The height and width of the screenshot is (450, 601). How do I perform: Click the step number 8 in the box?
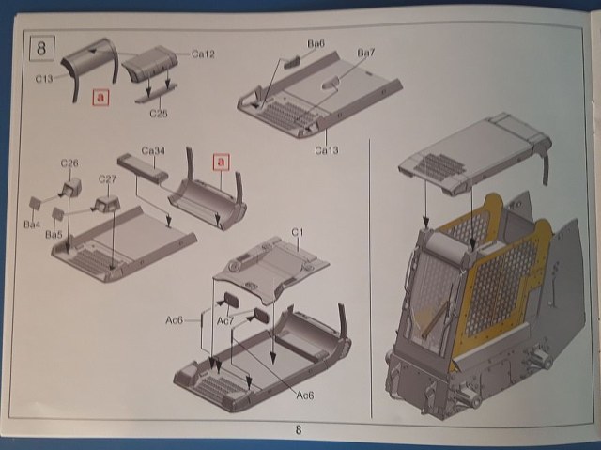[41, 45]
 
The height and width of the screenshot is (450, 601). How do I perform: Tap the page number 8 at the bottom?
[299, 430]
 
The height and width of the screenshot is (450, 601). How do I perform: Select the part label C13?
[44, 80]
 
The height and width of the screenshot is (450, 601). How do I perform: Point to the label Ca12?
[204, 54]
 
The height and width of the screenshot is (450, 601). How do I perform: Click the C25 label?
[159, 114]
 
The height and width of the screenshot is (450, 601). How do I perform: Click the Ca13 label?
[327, 148]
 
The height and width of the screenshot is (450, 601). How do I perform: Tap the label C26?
[69, 163]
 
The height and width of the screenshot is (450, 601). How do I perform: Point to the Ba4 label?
[32, 224]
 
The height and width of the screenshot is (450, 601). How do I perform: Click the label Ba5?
[54, 233]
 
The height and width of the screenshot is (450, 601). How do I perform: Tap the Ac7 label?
[226, 320]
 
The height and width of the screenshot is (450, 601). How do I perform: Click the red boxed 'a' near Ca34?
[222, 161]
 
